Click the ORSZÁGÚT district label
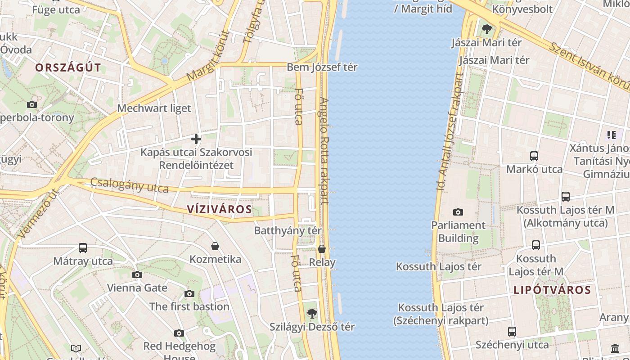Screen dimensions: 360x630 [68, 68]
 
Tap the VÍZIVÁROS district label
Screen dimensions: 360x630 [219, 209]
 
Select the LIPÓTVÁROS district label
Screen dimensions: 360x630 [552, 290]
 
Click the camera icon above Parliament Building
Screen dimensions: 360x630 [458, 212]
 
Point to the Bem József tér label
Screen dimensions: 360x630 [322, 67]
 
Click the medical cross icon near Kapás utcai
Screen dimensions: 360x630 [196, 139]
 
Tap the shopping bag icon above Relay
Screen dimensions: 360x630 [322, 249]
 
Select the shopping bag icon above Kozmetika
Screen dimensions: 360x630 [215, 246]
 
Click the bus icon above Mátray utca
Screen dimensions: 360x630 [83, 247]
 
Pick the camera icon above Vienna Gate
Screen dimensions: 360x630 [137, 274]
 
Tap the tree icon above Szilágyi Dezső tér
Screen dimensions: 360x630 [311, 313]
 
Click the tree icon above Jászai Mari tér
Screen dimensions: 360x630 [486, 30]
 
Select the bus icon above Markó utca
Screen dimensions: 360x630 [534, 156]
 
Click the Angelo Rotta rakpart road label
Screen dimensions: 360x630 [324, 151]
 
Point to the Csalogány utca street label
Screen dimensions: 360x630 [130, 185]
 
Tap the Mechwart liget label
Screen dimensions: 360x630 [154, 108]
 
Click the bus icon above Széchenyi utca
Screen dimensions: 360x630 [512, 332]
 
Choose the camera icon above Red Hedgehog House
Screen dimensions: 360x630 [179, 333]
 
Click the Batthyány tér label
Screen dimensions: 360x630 [288, 230]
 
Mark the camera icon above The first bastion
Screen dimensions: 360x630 [189, 293]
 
